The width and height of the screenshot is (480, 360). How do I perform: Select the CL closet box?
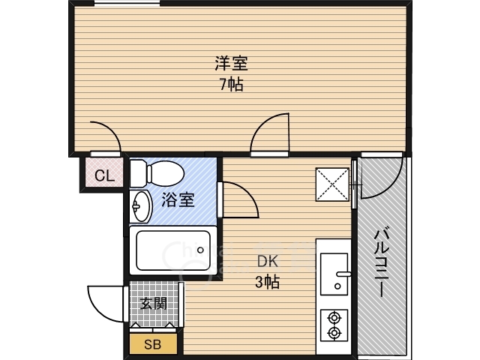pyautogui.click(x=103, y=176)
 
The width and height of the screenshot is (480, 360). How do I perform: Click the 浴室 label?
pyautogui.click(x=178, y=200)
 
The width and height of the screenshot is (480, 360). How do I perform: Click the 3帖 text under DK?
pyautogui.click(x=268, y=283)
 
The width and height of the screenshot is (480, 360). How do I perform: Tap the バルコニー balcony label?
pyautogui.click(x=382, y=262)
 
